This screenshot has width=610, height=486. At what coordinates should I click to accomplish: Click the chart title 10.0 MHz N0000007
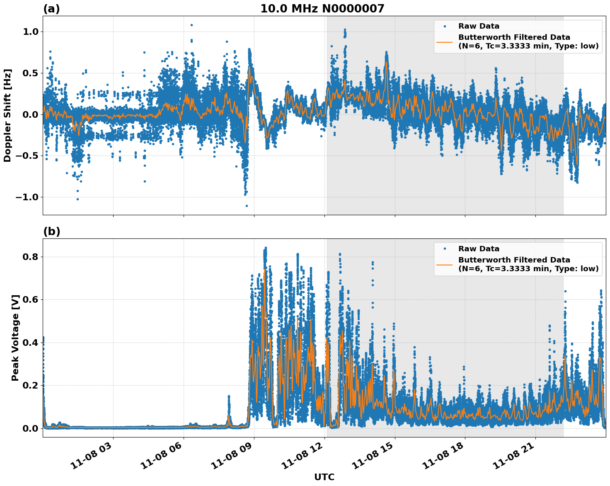click(x=322, y=9)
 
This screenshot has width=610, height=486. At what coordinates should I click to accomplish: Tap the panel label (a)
click(x=51, y=9)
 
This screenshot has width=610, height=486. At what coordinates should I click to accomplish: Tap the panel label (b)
click(x=51, y=231)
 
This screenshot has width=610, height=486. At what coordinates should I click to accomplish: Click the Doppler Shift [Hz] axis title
click(x=7, y=115)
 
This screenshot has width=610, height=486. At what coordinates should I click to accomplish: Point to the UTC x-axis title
click(x=324, y=477)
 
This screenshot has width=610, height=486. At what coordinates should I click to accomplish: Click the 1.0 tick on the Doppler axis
click(x=30, y=32)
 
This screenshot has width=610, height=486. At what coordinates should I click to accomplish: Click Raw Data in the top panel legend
click(x=479, y=26)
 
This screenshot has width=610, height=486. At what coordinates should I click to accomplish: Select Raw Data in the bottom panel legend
click(x=479, y=249)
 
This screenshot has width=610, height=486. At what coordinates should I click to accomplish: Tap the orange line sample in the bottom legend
click(x=444, y=264)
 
